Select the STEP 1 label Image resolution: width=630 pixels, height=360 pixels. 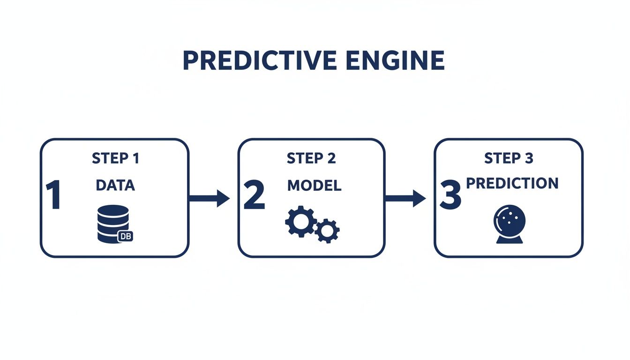[x=115, y=158]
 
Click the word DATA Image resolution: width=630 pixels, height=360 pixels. [x=115, y=186]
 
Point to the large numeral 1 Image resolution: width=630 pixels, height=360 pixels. [x=53, y=196]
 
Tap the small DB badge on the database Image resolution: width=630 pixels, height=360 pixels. [x=125, y=236]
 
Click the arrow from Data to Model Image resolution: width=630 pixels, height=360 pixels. [x=209, y=198]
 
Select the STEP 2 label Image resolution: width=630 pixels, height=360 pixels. [x=311, y=158]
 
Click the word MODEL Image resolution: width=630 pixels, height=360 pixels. [x=314, y=186]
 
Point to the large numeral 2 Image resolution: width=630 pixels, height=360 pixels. [x=254, y=196]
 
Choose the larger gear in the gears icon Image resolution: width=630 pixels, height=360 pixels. [x=300, y=222]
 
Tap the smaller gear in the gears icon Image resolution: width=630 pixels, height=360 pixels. [x=327, y=230]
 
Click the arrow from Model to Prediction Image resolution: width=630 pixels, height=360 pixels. [x=405, y=198]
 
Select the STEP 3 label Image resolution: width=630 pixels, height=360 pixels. [x=509, y=158]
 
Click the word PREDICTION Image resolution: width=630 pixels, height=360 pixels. [x=512, y=183]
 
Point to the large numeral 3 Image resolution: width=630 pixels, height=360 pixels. [x=450, y=196]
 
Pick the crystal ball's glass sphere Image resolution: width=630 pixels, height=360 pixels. [x=510, y=219]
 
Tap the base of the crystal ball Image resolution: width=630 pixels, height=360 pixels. [x=510, y=240]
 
